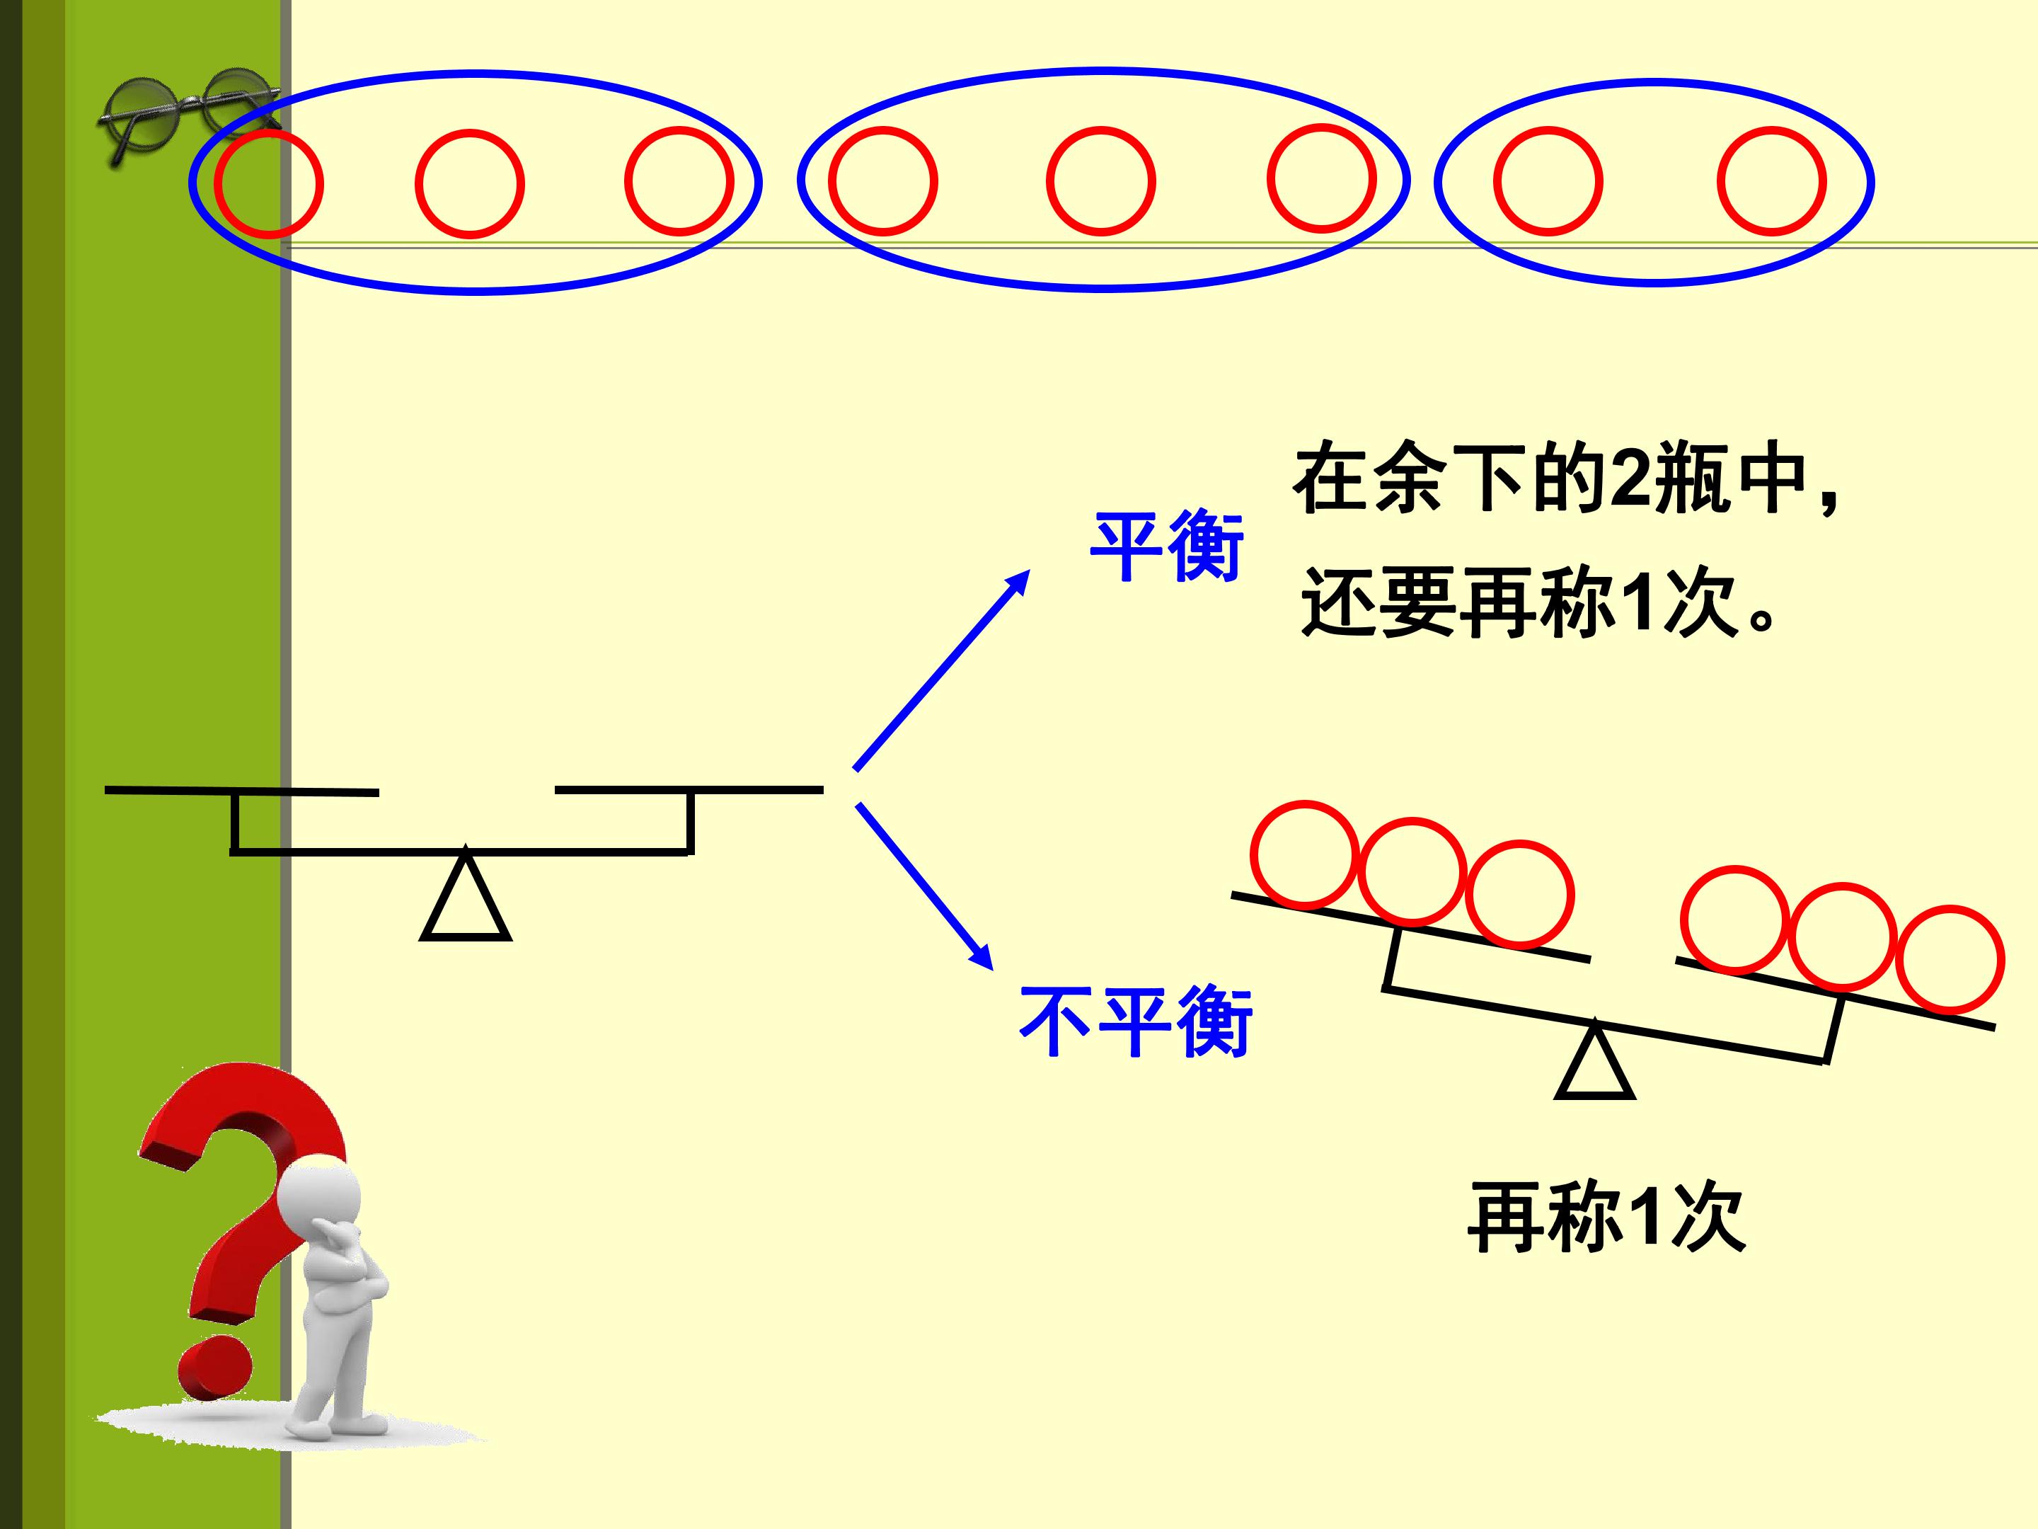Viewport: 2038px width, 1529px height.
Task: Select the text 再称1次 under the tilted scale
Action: tap(1606, 1218)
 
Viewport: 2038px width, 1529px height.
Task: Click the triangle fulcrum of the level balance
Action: tap(466, 894)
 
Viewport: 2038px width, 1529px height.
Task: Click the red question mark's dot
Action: tap(214, 1368)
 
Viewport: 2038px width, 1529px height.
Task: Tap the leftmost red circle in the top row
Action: tap(269, 184)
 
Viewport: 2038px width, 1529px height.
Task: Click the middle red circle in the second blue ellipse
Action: tap(1101, 181)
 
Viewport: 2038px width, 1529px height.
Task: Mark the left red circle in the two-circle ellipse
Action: tap(1548, 181)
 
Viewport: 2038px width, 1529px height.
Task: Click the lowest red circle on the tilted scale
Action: tap(1950, 958)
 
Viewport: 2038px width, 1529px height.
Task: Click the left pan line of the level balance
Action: tap(242, 791)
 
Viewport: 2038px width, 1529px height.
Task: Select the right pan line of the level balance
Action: tap(689, 790)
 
